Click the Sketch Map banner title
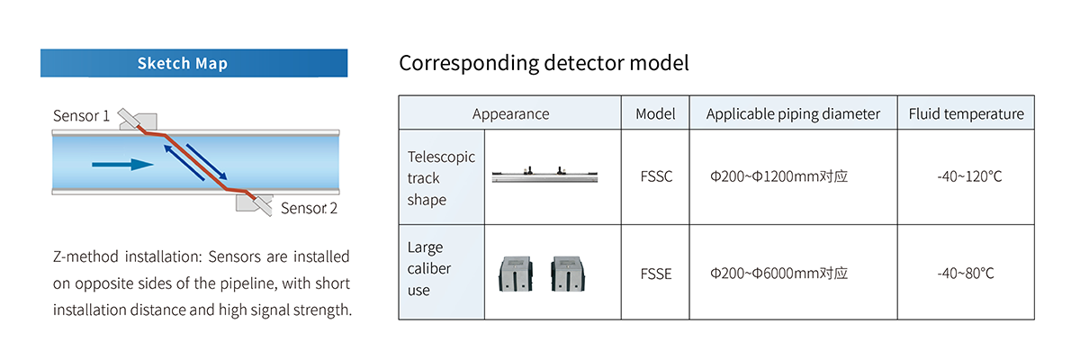pyautogui.click(x=183, y=64)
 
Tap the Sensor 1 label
pyautogui.click(x=82, y=116)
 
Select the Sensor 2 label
pyautogui.click(x=309, y=208)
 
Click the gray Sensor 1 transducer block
pyautogui.click(x=134, y=121)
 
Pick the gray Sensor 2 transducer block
pyautogui.click(x=254, y=203)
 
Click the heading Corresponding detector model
pyautogui.click(x=544, y=64)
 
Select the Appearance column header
pyautogui.click(x=510, y=113)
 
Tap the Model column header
pyautogui.click(x=655, y=113)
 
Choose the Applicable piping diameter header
pyautogui.click(x=793, y=113)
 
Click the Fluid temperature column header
pyautogui.click(x=966, y=113)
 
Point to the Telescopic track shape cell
pyautogui.click(x=440, y=177)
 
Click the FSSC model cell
pyautogui.click(x=655, y=177)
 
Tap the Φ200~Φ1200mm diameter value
pyautogui.click(x=778, y=177)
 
